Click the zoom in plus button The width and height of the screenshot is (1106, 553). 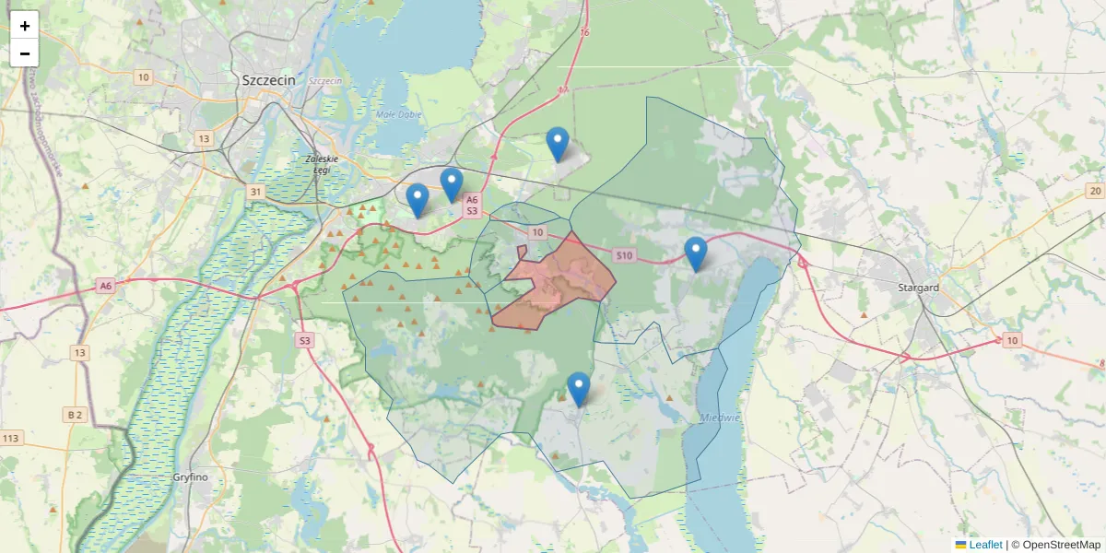25,26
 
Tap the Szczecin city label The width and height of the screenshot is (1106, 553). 268,80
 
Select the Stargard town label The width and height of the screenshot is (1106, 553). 918,288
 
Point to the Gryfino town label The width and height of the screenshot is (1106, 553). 191,477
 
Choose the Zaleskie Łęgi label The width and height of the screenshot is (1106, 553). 322,164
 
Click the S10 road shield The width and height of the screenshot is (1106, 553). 624,255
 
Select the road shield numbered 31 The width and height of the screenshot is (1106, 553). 256,192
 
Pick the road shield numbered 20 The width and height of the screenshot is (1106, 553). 1094,191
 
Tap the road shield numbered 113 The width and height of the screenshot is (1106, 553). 12,438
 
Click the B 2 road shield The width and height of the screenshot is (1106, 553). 75,415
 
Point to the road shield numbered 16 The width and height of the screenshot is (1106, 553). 584,32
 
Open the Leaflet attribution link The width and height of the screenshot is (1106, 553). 984,545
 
